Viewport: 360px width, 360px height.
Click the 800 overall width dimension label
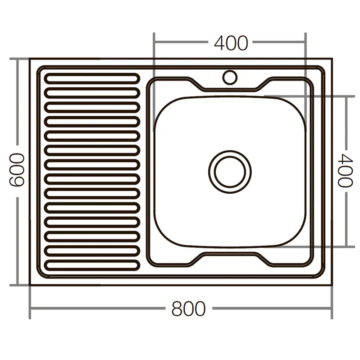pos(188,309)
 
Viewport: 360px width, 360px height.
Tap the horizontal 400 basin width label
pos(231,43)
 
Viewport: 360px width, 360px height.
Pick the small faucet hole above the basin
pos(230,77)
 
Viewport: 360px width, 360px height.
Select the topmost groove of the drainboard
pos(92,78)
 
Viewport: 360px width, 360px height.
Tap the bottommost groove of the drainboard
pos(92,265)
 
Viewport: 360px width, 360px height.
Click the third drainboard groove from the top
pos(92,107)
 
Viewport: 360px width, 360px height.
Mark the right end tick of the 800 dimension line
pos(332,309)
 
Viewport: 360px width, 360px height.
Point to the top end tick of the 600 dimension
pos(17,59)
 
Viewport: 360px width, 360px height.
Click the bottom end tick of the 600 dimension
pos(17,285)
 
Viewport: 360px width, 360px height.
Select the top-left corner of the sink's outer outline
pos(30,59)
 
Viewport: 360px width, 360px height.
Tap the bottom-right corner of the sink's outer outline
pos(332,285)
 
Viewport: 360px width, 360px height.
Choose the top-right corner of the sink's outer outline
pos(332,59)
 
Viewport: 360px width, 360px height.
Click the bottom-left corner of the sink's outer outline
pos(30,285)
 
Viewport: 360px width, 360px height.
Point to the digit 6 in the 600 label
pos(17,180)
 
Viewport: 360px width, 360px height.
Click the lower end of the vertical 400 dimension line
pos(346,246)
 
